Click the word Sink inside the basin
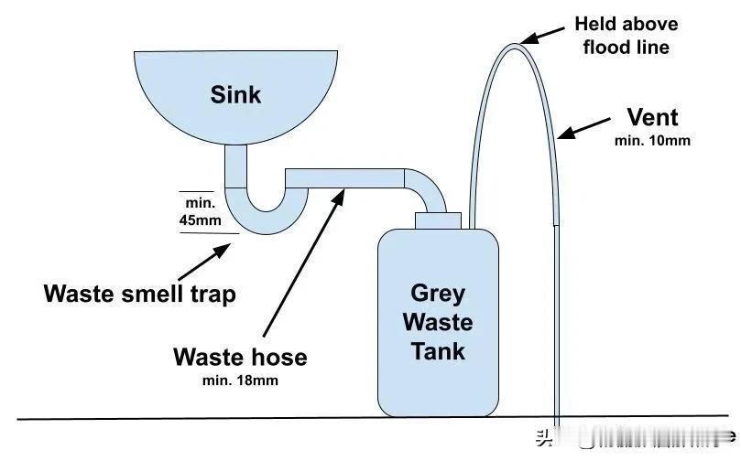(x=236, y=93)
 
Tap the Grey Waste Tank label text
(x=438, y=321)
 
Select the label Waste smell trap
(x=140, y=294)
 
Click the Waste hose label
(x=239, y=357)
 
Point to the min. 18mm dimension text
(x=239, y=380)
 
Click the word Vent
(x=652, y=118)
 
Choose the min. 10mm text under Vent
(x=652, y=141)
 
